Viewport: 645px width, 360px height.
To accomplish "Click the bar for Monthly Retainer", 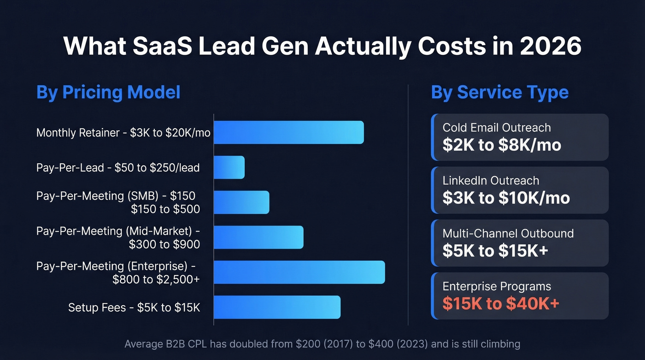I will pos(289,133).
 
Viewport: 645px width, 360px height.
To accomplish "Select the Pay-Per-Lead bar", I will pos(229,167).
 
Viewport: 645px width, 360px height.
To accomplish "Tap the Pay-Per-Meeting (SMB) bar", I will pos(241,202).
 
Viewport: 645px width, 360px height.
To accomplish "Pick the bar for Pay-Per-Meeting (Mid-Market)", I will pos(258,237).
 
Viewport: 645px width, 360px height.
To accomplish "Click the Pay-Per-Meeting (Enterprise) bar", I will pos(299,272).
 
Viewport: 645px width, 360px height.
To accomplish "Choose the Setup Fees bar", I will pos(277,307).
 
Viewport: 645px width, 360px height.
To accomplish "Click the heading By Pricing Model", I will pos(108,92).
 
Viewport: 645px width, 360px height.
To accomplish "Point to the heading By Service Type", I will pos(500,92).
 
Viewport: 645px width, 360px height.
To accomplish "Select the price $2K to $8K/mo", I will pos(502,145).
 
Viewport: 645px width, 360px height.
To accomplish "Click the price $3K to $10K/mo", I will pos(506,198).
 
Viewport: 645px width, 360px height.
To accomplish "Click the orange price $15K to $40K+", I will pos(501,303).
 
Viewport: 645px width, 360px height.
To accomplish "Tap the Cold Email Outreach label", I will pos(497,128).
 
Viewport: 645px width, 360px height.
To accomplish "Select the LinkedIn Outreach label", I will pos(491,181).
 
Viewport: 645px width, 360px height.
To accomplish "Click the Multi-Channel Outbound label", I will pos(508,233).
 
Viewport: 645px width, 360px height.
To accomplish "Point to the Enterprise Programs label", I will pos(497,286).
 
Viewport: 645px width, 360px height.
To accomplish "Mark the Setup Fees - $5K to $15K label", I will pos(134,307).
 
